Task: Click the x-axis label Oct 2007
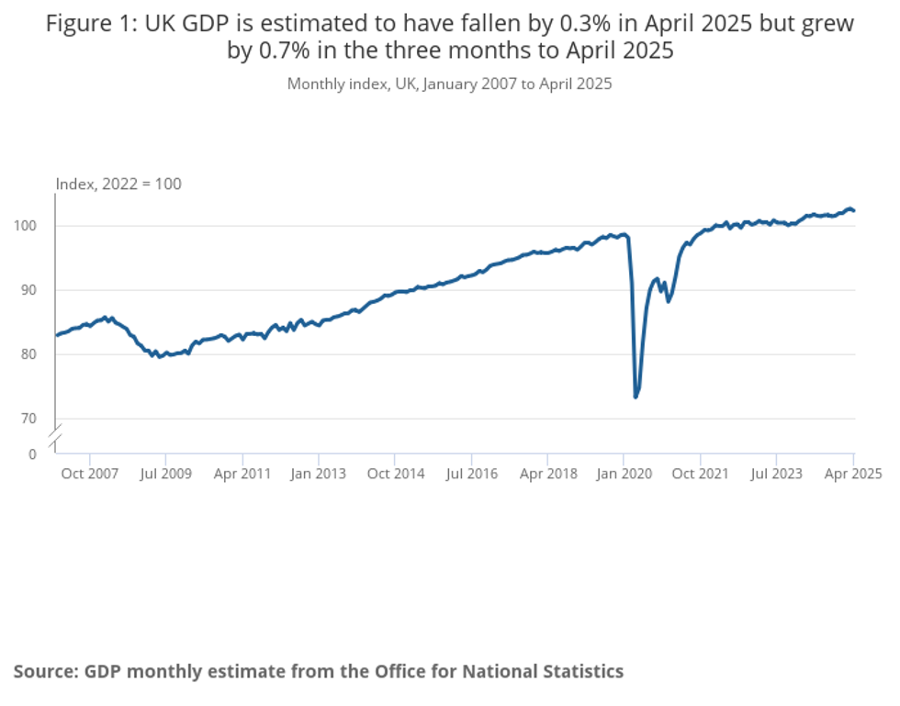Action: click(x=90, y=474)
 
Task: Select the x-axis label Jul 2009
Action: click(x=166, y=474)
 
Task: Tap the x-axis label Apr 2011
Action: click(x=242, y=474)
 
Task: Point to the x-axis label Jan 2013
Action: click(x=319, y=474)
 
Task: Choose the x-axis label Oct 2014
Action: click(x=395, y=474)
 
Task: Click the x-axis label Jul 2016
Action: click(x=471, y=474)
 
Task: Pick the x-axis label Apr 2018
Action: click(x=547, y=474)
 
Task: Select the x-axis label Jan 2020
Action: click(x=624, y=474)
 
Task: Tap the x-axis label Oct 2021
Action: click(x=700, y=474)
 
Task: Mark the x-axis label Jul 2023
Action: click(x=776, y=474)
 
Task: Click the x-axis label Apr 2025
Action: click(x=852, y=474)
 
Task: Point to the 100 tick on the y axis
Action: click(x=32, y=226)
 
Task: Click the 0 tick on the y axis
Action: click(x=32, y=454)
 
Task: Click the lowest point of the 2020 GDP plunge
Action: click(x=636, y=397)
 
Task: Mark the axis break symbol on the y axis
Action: click(x=55, y=437)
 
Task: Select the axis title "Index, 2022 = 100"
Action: click(x=119, y=184)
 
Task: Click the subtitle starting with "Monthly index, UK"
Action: click(x=449, y=84)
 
